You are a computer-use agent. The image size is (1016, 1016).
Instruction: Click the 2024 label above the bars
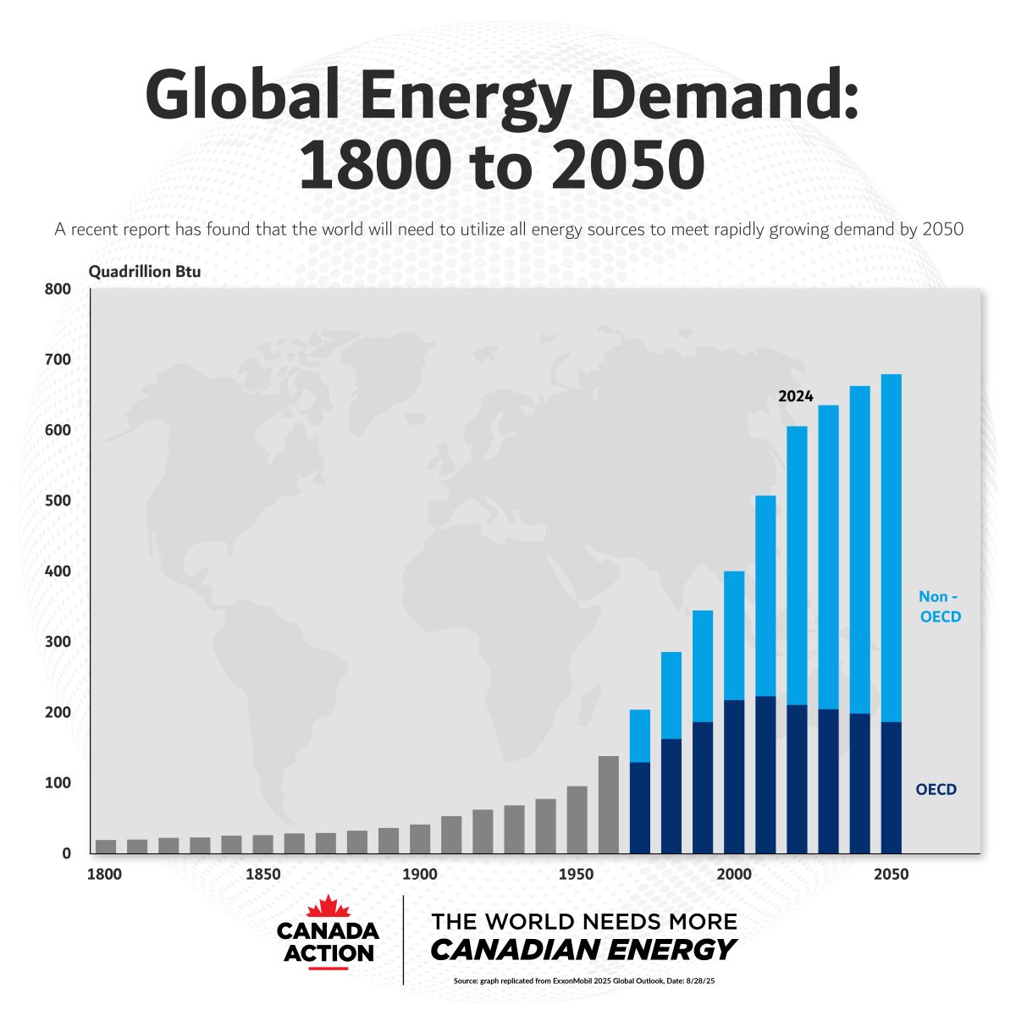pos(795,396)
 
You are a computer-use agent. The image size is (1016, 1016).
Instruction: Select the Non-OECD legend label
pos(940,607)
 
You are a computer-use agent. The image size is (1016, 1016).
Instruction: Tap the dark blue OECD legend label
pos(936,790)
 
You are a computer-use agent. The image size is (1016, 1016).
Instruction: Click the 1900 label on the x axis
pos(419,874)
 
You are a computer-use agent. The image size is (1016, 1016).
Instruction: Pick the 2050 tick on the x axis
pos(891,874)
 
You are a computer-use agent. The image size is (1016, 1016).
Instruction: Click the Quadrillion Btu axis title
pos(145,272)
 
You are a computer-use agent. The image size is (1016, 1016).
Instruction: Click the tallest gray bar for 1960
pos(609,804)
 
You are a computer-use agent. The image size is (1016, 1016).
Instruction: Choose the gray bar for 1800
pos(106,846)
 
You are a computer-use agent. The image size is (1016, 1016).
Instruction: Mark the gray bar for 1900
pos(420,838)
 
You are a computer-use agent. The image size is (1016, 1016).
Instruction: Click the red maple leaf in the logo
pos(328,907)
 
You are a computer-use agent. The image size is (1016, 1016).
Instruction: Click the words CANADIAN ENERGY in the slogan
pos(583,949)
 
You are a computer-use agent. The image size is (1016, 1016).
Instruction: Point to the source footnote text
pos(583,981)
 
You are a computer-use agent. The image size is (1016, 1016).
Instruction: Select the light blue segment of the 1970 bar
pos(640,736)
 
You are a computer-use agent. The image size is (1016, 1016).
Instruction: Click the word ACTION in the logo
pos(329,953)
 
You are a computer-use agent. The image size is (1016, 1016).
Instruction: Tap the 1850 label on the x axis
pos(262,874)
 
